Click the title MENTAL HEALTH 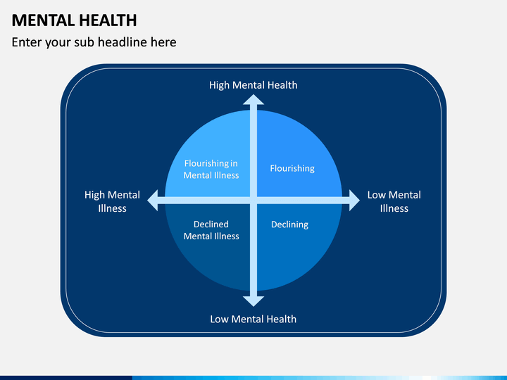pyautogui.click(x=74, y=20)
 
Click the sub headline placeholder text pyautogui.click(x=94, y=42)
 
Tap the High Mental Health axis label pyautogui.click(x=254, y=85)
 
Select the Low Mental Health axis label pyautogui.click(x=254, y=319)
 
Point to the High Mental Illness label pyautogui.click(x=113, y=201)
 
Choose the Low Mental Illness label pyautogui.click(x=394, y=201)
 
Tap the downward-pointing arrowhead pyautogui.click(x=254, y=301)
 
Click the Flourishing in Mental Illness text pyautogui.click(x=211, y=170)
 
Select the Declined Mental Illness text pyautogui.click(x=211, y=230)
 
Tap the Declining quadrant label pyautogui.click(x=289, y=224)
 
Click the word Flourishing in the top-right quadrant pyautogui.click(x=292, y=169)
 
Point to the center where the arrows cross pyautogui.click(x=254, y=201)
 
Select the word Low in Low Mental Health pyautogui.click(x=220, y=319)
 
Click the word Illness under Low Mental pyautogui.click(x=394, y=208)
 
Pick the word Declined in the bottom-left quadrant pyautogui.click(x=211, y=224)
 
